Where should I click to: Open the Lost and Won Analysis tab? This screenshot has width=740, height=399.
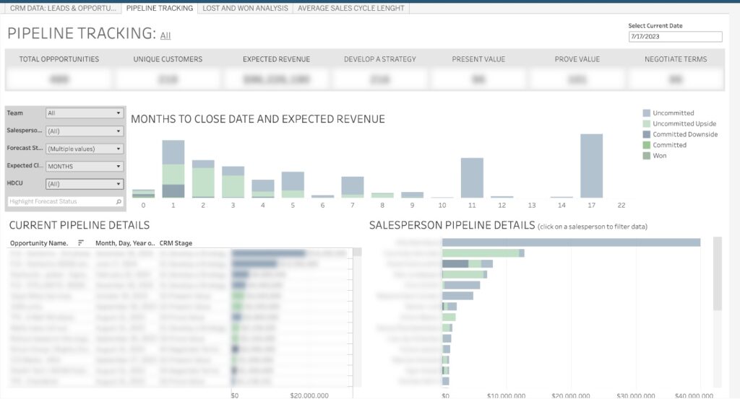click(x=245, y=8)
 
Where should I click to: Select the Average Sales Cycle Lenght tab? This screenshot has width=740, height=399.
click(x=350, y=8)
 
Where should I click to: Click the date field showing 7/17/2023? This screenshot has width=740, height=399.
click(x=675, y=37)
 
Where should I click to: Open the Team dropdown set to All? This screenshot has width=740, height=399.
click(x=84, y=113)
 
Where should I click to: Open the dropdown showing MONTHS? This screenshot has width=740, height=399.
click(x=84, y=166)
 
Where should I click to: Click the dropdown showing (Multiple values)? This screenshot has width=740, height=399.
click(x=84, y=149)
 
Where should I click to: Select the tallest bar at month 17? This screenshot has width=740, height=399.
click(x=591, y=166)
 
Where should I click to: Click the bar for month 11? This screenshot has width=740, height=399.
click(x=472, y=177)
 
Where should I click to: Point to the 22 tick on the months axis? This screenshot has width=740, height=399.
click(x=621, y=206)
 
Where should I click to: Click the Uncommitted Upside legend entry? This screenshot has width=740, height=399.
click(x=684, y=124)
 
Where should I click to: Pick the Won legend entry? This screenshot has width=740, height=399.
click(x=659, y=156)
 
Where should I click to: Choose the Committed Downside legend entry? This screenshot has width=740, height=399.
click(x=684, y=134)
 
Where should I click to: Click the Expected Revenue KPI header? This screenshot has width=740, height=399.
click(x=276, y=59)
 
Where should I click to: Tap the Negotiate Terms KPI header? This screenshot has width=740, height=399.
click(x=675, y=59)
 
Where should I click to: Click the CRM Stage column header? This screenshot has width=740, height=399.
click(x=176, y=243)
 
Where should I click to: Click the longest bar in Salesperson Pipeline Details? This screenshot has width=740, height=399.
click(x=571, y=242)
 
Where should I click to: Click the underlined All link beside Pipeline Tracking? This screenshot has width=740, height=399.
click(x=165, y=35)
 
